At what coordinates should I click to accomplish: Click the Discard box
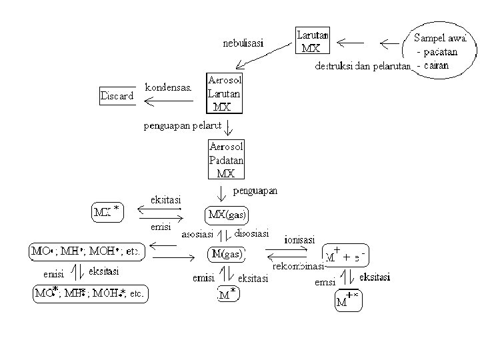pos(117,96)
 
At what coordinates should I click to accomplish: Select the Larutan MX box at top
pos(312,41)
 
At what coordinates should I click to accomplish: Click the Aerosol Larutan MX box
pos(225,93)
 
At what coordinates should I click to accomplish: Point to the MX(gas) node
pos(227,215)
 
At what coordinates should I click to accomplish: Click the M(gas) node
pos(227,253)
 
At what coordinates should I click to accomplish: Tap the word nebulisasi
pos(243,43)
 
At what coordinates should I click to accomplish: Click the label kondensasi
pos(168,87)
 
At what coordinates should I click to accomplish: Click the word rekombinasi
pos(298,267)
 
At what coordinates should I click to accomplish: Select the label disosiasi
pos(251,233)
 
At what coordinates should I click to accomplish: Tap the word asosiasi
pos(199,234)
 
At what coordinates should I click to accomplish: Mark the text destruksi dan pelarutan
pos(362,66)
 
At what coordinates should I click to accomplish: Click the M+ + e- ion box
pos(345,255)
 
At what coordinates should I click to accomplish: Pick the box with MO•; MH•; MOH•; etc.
pos(86,252)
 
